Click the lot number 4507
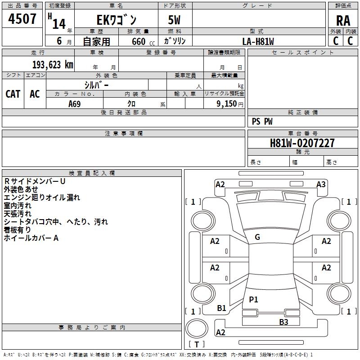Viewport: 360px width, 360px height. pos(22,18)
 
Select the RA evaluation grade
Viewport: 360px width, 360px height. pos(343,21)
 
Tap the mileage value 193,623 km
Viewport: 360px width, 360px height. pos(53,65)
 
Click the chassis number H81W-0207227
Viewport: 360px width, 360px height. pos(302,143)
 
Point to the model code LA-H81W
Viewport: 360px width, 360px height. pos(258,41)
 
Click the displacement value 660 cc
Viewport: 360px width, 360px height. pos(143,42)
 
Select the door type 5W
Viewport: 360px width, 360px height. pos(174,20)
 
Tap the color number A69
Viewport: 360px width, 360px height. pos(75,104)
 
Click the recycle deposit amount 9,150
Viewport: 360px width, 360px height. pos(227,104)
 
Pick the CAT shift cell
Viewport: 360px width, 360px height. pos(13,94)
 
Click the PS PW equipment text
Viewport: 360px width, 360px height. pos(262,121)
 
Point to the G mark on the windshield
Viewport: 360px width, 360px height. pos(257,237)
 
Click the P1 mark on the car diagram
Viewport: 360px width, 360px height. pos(253,299)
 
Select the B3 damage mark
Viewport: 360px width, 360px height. pos(283,322)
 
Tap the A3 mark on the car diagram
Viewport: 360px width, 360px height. pos(321,184)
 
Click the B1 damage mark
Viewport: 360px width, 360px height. pos(221,308)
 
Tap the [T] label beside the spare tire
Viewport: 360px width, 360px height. pos(197,344)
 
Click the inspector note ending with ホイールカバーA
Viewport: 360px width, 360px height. pos(31,238)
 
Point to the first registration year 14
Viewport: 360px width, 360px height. pos(59,24)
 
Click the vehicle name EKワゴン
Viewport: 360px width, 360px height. pos(117,20)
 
